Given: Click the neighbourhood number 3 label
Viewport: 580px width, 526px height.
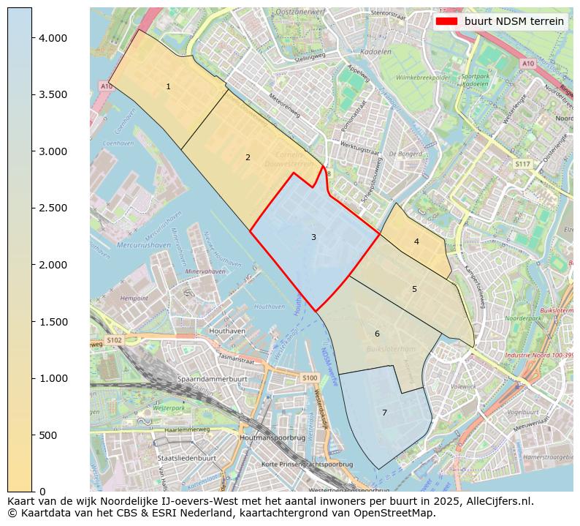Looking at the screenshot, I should coord(313,237).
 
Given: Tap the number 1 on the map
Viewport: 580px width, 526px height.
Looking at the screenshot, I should coord(168,86).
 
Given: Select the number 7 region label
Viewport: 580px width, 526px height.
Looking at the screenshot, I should coord(384,413).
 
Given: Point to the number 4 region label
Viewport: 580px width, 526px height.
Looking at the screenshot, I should coord(416,241).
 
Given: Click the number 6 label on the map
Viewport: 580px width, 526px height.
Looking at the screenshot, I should coord(377,334).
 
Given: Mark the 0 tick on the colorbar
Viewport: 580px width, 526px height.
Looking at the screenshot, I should coord(42,492).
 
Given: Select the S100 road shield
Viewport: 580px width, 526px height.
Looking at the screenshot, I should coord(310,377).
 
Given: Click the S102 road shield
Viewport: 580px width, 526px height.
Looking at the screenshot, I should coord(115,340).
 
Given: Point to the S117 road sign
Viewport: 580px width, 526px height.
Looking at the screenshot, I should coord(522,164).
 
